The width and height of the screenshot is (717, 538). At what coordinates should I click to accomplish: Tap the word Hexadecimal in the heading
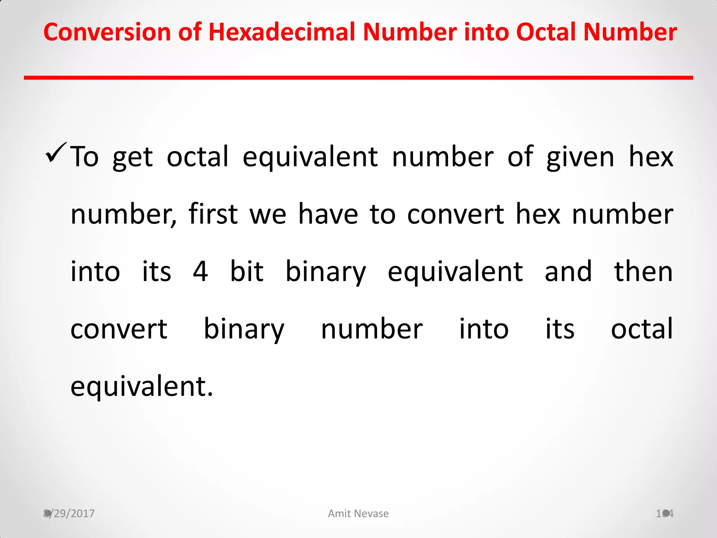[283, 32]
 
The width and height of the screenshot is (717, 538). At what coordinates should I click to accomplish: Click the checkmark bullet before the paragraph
[55, 153]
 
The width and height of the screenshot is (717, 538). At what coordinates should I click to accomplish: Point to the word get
[132, 158]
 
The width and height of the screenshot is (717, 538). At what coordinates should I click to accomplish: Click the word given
[580, 158]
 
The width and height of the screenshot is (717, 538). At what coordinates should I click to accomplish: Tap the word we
[268, 214]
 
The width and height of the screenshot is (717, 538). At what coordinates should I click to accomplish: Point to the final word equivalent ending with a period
[142, 387]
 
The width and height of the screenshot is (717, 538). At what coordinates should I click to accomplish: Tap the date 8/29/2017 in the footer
[69, 513]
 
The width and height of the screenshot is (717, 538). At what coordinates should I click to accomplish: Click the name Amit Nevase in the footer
[358, 513]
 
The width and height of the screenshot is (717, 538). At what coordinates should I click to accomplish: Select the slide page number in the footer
[664, 513]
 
